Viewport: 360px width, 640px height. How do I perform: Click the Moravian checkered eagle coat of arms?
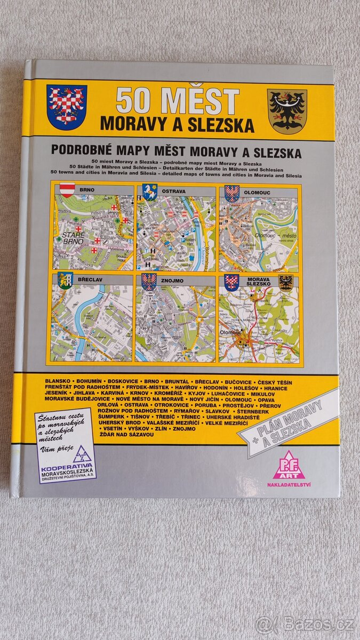[x=66, y=106]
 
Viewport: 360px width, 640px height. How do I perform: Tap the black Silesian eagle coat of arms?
[x=287, y=111]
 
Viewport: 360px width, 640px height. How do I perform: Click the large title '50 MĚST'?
[x=178, y=101]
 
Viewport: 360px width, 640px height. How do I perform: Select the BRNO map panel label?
[x=87, y=190]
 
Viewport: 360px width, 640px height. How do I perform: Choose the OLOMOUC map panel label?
[x=255, y=190]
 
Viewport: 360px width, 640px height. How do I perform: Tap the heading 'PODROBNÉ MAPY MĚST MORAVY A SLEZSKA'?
[x=176, y=153]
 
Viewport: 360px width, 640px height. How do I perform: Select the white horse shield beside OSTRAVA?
[x=149, y=192]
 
